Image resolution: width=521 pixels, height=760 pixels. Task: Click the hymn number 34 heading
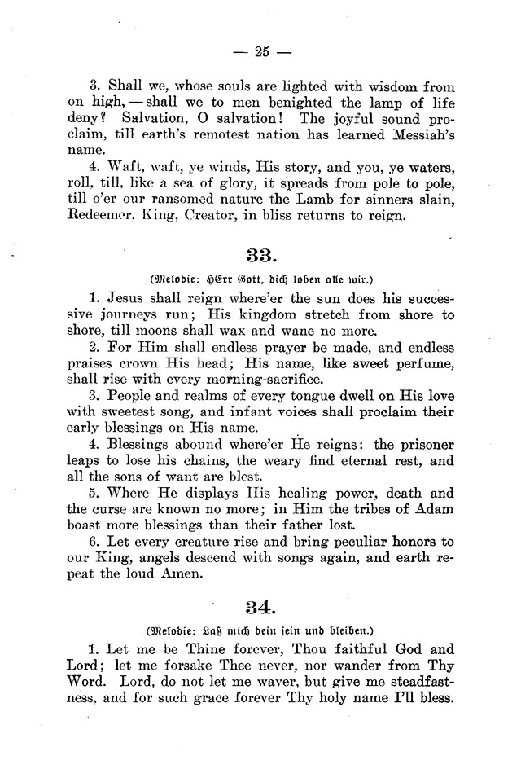tap(260, 605)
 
